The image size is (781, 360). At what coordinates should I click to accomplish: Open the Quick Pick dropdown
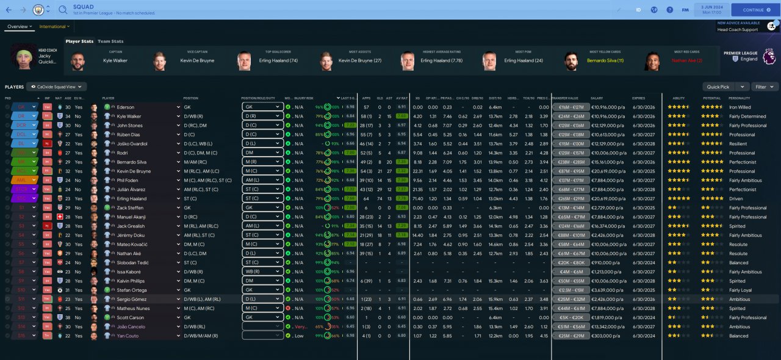[x=725, y=87]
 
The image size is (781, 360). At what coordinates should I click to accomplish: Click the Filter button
[x=765, y=87]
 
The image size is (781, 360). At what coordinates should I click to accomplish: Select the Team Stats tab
[x=110, y=41]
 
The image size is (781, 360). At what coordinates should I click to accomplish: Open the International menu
[x=54, y=27]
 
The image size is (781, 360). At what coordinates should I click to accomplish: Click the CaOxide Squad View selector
[x=56, y=87]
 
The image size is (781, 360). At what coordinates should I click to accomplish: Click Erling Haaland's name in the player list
[x=132, y=198]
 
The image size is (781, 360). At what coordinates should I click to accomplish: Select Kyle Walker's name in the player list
[x=129, y=116]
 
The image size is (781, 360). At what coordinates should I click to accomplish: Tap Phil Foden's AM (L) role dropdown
[x=263, y=180]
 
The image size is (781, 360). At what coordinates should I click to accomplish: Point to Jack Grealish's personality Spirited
[x=738, y=226]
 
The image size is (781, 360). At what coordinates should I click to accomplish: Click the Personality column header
[x=739, y=98]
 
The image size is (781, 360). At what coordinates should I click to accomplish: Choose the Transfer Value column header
[x=564, y=98]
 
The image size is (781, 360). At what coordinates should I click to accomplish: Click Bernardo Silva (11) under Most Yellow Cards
[x=605, y=60]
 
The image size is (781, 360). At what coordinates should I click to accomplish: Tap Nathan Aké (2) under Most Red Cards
[x=687, y=60]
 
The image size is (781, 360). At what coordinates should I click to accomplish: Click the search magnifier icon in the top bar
[x=63, y=10]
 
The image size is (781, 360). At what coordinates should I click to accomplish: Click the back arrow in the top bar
[x=9, y=10]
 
